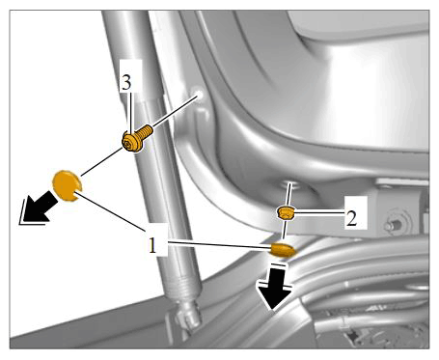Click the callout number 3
pyautogui.click(x=126, y=83)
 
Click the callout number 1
pyautogui.click(x=152, y=246)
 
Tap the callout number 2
pyautogui.click(x=351, y=219)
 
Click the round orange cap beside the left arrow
pyautogui.click(x=67, y=185)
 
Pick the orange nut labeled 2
pyautogui.click(x=285, y=213)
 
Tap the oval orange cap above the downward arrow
pyautogui.click(x=282, y=250)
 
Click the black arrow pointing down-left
pyautogui.click(x=39, y=208)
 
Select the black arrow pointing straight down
pyautogui.click(x=274, y=287)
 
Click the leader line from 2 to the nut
pyautogui.click(x=319, y=211)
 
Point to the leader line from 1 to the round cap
pyautogui.click(x=111, y=210)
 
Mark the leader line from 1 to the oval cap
pyautogui.click(x=219, y=244)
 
